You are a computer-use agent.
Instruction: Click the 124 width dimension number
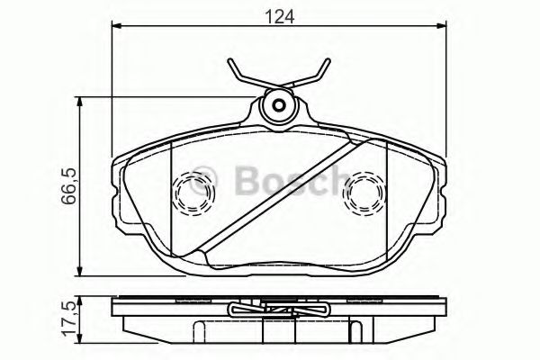pyautogui.click(x=277, y=16)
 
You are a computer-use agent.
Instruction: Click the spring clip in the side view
pyautogui.click(x=278, y=311)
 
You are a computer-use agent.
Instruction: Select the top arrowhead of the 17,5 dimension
pyautogui.click(x=83, y=298)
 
